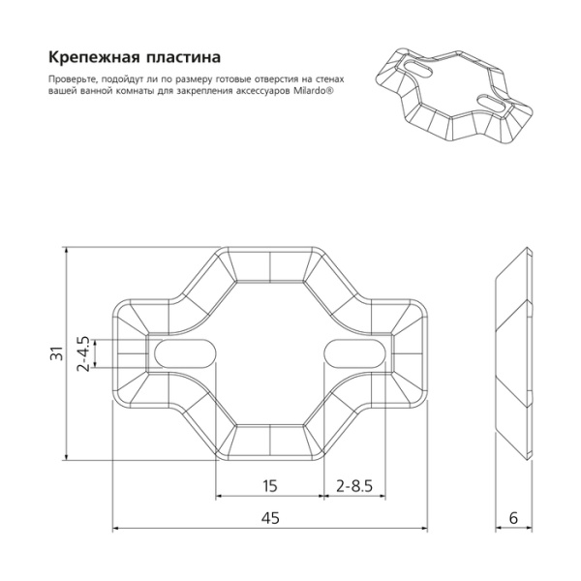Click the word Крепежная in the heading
94,58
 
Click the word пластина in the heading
184,58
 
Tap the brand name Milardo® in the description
314,91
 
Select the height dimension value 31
57,353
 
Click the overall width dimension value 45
270,518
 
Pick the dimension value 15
270,486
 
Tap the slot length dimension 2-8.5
354,486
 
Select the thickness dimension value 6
513,518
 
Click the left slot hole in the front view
185,353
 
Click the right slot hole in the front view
355,353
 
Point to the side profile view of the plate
514,353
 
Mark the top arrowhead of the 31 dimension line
67,252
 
